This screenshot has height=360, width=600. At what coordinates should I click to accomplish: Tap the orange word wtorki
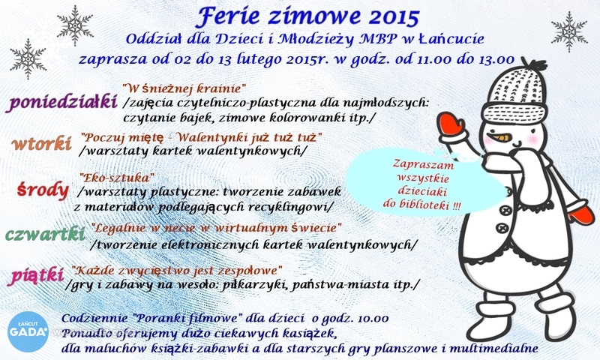42,144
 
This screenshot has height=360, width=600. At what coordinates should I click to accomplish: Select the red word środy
43,190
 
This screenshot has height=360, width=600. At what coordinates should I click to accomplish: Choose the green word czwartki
45,234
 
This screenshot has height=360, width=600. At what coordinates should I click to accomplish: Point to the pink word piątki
36,276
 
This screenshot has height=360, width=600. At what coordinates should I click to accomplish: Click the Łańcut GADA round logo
28,331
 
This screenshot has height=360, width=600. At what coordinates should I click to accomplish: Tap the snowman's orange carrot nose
500,137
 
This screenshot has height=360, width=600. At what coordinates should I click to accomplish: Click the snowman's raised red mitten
451,123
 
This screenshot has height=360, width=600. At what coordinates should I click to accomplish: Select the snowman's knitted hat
515,91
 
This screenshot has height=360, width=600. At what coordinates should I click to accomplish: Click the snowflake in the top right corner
569,31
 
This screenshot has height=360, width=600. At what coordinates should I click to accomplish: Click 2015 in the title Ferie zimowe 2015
395,16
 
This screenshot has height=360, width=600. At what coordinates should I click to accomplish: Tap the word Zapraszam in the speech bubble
423,165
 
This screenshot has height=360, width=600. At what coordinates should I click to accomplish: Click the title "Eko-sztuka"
117,178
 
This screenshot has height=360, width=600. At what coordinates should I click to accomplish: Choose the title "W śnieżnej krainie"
184,89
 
